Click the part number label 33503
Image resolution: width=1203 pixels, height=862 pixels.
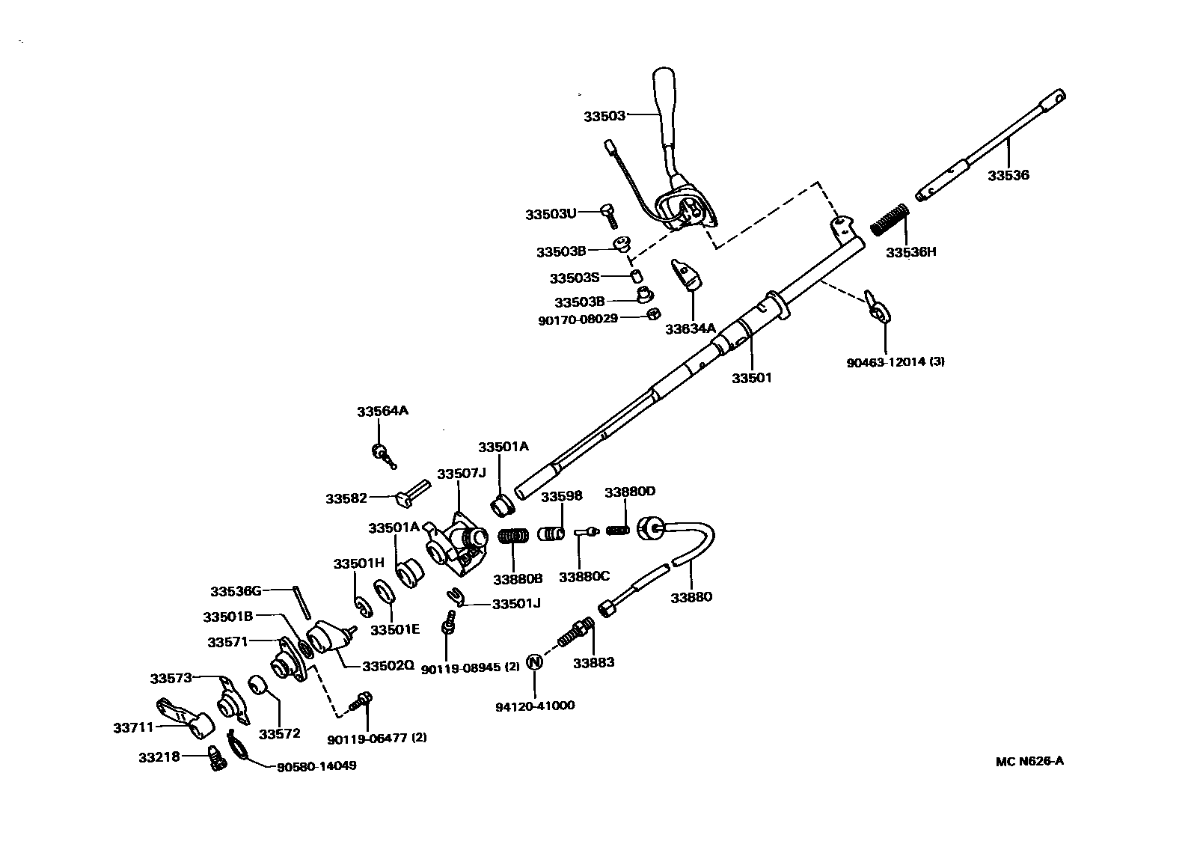click(x=604, y=116)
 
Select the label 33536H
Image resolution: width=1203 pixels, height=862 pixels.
click(x=910, y=252)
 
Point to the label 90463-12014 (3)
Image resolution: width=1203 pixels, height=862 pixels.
click(x=896, y=362)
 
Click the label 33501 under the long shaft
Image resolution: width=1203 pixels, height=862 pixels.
click(x=751, y=378)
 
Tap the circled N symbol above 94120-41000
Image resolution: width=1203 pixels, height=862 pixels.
click(x=534, y=662)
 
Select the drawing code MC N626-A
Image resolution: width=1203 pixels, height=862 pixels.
click(x=1029, y=762)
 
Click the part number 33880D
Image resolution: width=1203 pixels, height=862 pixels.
click(x=629, y=492)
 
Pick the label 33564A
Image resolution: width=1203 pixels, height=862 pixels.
click(x=382, y=412)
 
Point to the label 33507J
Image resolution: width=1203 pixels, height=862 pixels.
click(x=461, y=474)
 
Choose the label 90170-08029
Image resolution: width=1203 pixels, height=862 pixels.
click(x=578, y=319)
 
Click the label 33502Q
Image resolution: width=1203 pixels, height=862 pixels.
click(x=388, y=665)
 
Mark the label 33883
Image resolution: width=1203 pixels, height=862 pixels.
click(x=593, y=662)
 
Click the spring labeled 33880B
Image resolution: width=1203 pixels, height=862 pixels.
click(x=514, y=537)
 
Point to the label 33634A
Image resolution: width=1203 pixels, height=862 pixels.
click(x=691, y=328)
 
